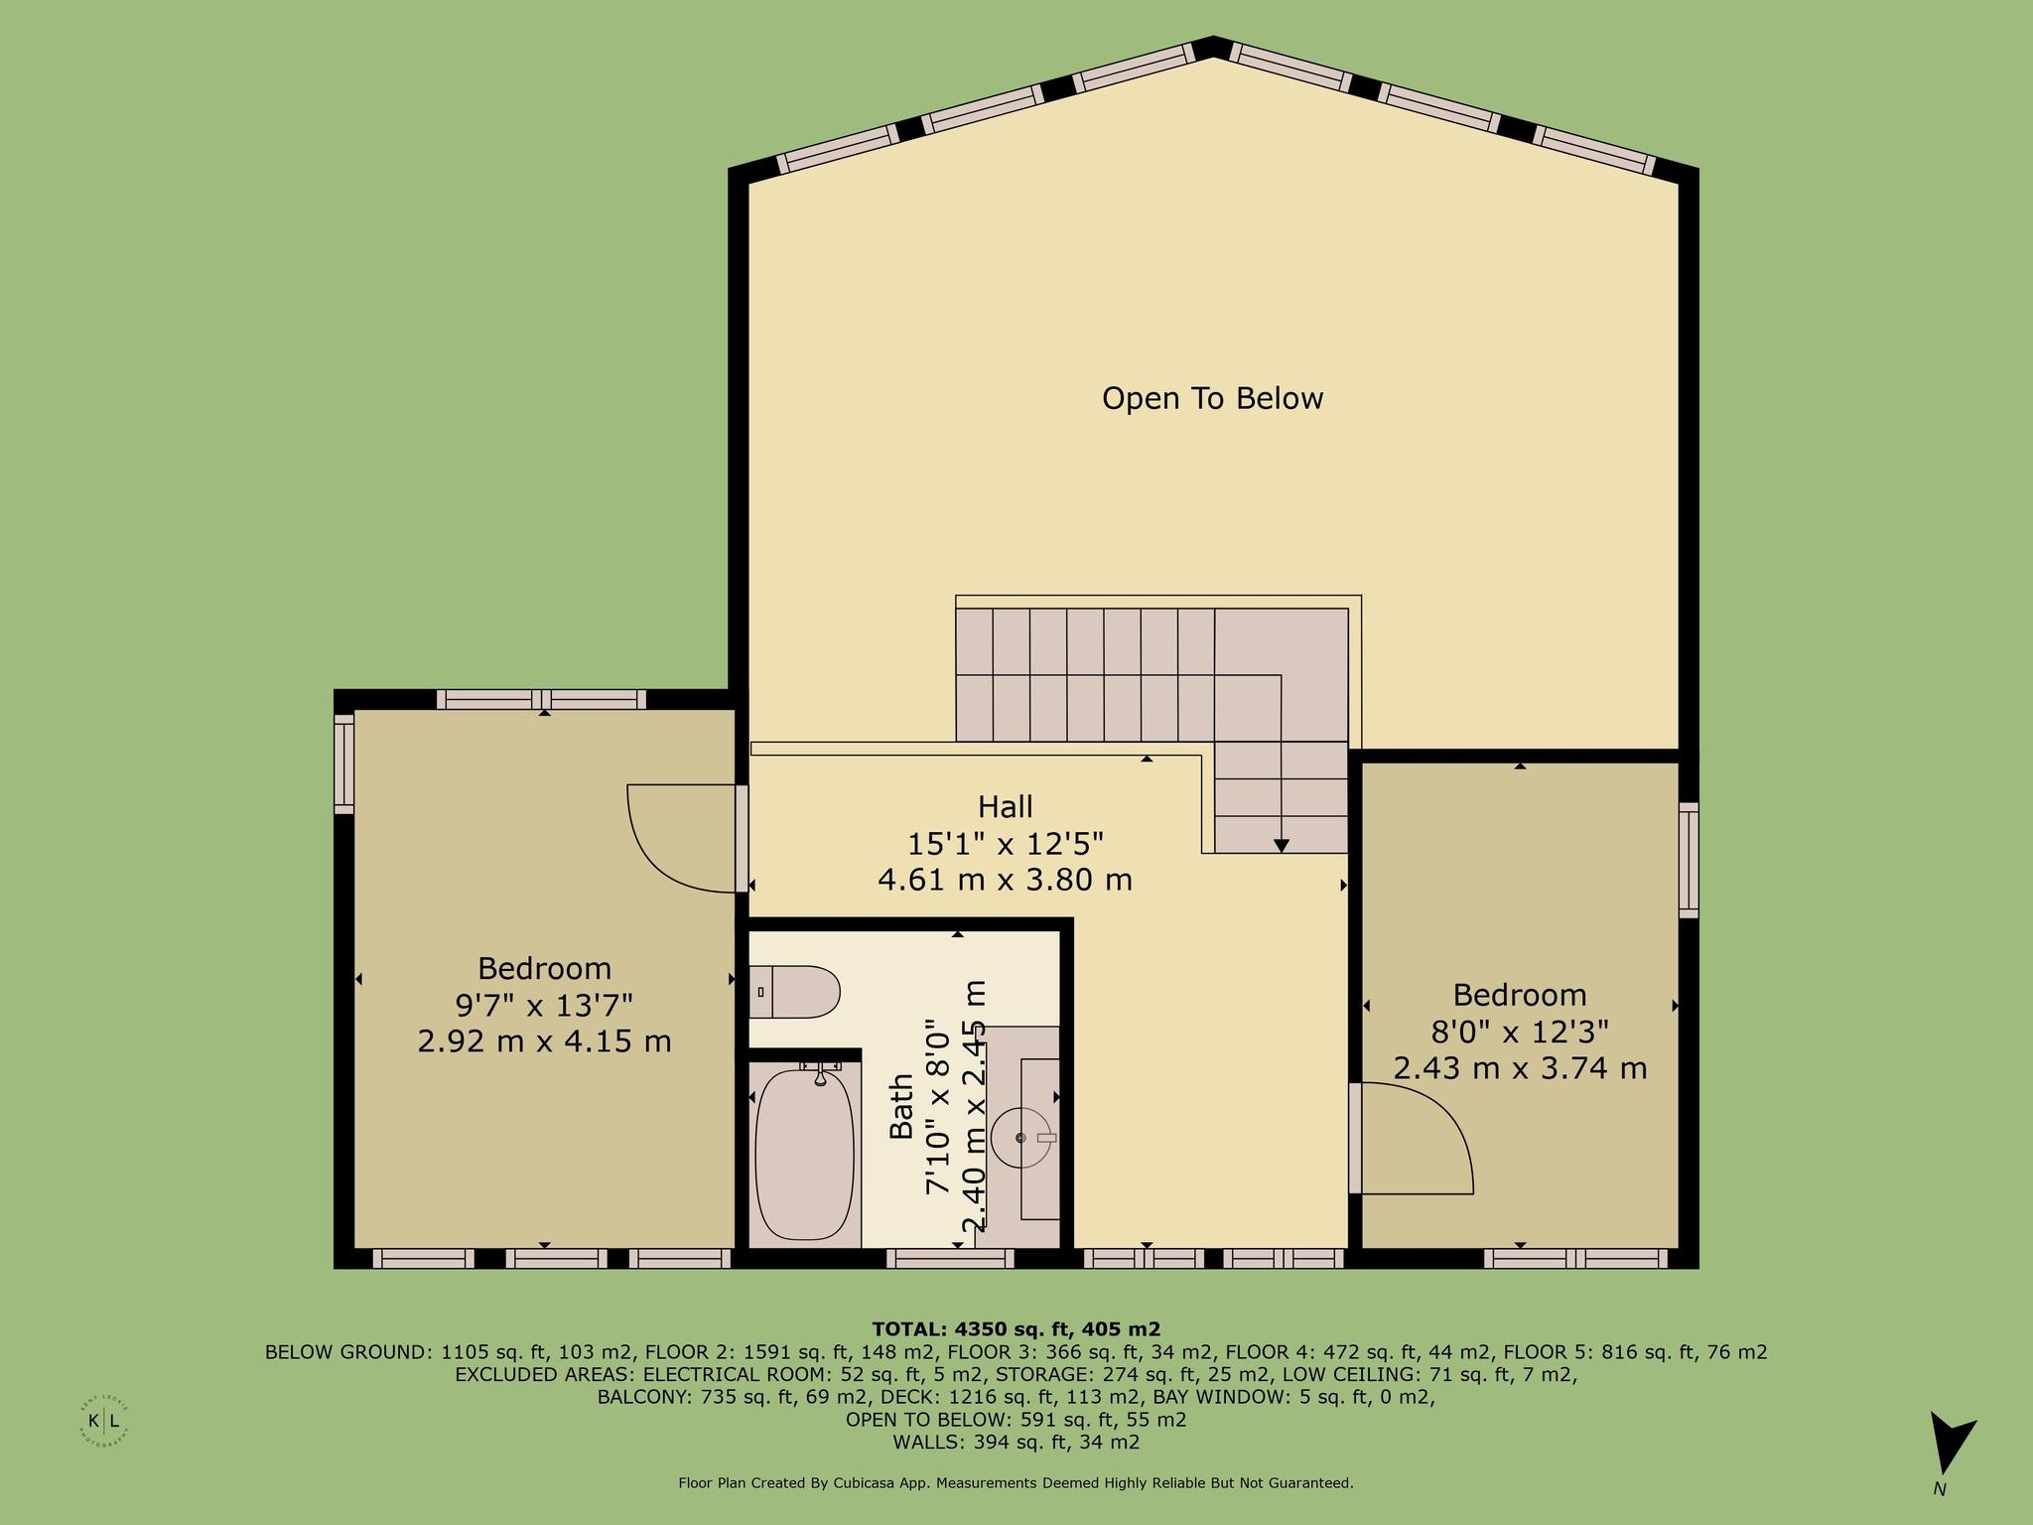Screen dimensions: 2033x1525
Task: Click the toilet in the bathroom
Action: coord(794,992)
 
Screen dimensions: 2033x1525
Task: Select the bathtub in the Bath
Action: coord(804,1153)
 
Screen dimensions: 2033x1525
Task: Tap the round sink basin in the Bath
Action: coord(1021,1138)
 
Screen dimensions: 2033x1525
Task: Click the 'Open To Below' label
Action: coord(1212,398)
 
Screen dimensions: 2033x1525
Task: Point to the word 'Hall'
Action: coord(1006,806)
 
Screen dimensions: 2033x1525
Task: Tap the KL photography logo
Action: coord(104,1421)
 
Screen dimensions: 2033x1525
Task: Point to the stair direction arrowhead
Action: coord(1282,846)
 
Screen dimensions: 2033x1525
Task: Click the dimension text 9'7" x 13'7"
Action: coord(544,1006)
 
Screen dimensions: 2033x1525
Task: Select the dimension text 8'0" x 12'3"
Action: coord(1519,1033)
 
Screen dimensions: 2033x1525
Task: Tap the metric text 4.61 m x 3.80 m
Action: coord(1006,880)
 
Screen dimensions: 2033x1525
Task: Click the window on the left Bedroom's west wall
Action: coord(343,763)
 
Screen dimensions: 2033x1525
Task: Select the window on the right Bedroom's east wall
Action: coord(1689,860)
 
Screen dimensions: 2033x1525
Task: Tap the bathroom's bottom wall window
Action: coord(950,1259)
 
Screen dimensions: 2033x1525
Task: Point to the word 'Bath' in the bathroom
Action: coord(901,1106)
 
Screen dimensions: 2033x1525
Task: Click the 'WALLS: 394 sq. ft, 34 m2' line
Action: coord(1016,1443)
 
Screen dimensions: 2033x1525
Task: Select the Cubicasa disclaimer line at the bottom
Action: coord(1016,1483)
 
